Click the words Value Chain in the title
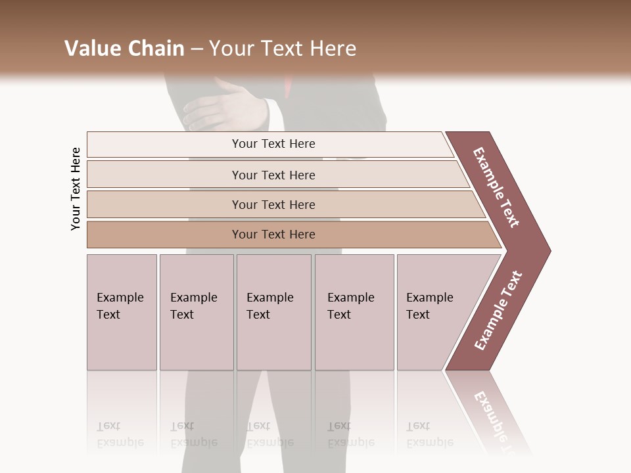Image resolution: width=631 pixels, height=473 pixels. [x=124, y=49]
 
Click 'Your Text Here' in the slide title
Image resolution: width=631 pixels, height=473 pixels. [x=283, y=49]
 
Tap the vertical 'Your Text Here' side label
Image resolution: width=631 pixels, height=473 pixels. [x=76, y=189]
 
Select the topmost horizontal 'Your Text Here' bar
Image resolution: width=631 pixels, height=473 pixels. [x=273, y=144]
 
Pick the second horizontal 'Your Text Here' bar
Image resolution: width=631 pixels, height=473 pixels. [x=273, y=175]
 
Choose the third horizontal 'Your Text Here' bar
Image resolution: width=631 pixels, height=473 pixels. [x=273, y=204]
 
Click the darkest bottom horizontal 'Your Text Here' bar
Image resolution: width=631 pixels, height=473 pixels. [x=273, y=235]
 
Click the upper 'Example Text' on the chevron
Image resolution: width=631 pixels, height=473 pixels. [x=496, y=187]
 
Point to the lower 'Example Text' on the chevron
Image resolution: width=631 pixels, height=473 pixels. [x=498, y=311]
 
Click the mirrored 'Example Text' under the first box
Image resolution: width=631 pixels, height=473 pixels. [x=120, y=434]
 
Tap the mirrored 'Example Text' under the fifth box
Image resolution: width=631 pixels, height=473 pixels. [x=429, y=434]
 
